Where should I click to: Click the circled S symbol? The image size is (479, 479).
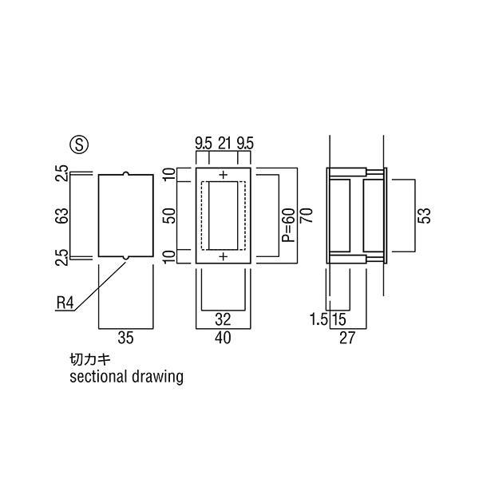[79, 144]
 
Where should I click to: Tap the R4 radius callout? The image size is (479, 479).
[65, 303]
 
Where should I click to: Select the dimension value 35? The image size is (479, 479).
[125, 338]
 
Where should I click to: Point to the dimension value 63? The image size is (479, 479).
[62, 216]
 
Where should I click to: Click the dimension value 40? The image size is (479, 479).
[223, 338]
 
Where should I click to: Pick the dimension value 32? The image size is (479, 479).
[223, 319]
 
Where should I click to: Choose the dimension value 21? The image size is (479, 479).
[224, 143]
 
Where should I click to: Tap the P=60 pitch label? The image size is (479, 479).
[289, 225]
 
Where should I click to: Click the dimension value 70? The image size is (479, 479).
[307, 215]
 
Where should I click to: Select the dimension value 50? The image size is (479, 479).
[169, 216]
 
